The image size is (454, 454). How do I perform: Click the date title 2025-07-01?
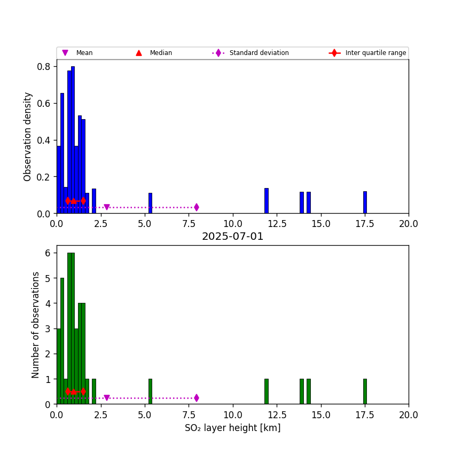pos(232,237)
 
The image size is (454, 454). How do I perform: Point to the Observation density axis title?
pos(28,137)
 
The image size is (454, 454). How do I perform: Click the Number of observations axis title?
pos(36,325)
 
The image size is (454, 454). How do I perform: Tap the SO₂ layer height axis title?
pos(232,428)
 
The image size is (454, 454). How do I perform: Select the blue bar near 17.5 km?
pos(365,202)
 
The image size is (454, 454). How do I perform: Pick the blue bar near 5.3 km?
pos(150,203)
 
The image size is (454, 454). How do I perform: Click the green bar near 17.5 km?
pos(365,392)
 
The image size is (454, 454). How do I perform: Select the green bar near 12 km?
pos(266,392)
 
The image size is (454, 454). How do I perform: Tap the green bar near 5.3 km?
pos(150,392)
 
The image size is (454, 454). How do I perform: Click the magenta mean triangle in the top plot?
pos(106,207)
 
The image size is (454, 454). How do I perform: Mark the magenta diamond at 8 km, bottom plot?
pos(197,398)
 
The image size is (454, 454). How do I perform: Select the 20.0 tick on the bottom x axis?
pos(408,414)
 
